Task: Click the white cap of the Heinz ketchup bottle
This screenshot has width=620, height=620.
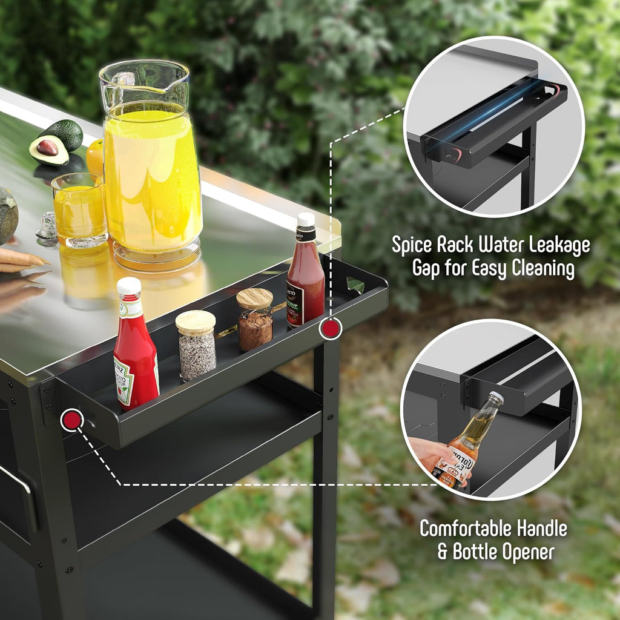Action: coord(128,286)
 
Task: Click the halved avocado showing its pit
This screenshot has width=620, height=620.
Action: coord(48,150)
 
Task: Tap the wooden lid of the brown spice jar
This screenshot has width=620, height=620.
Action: coord(254,298)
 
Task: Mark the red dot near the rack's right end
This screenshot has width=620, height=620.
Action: coord(330,328)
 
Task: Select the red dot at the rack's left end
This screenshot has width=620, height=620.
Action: coord(71,420)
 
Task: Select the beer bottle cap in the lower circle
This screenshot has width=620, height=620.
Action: coord(496,397)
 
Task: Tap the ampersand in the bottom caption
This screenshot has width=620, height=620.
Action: coord(444,552)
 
